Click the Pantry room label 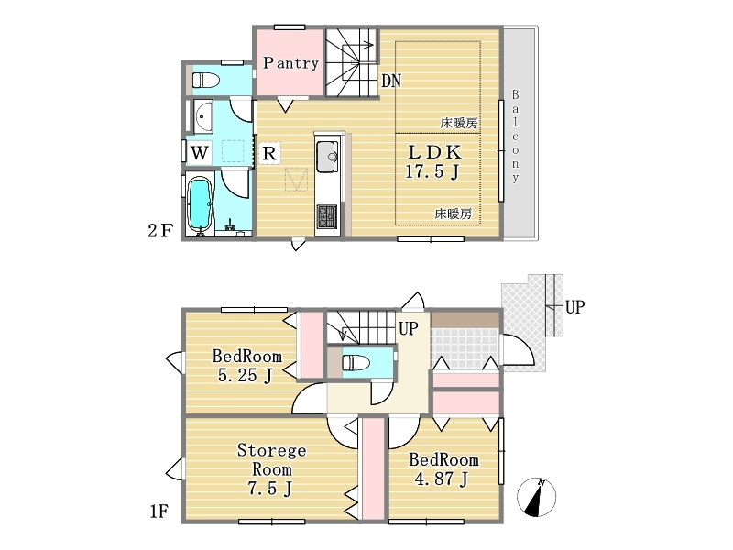(x=290, y=63)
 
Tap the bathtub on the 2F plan (x=200, y=203)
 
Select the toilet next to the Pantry (x=205, y=80)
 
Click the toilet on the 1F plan (x=356, y=362)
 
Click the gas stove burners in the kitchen (x=327, y=216)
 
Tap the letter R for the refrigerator (x=269, y=153)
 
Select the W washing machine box (x=200, y=152)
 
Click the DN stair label (x=391, y=81)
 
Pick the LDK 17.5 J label (x=432, y=162)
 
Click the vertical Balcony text (x=515, y=136)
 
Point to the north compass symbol (x=536, y=497)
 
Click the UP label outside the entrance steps (x=574, y=307)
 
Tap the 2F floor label (x=160, y=231)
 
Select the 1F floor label (x=159, y=511)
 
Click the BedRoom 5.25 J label (x=246, y=365)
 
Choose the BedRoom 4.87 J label (x=443, y=469)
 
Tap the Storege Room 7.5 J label (x=271, y=469)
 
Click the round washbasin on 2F (x=202, y=116)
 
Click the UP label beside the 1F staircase (x=408, y=328)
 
